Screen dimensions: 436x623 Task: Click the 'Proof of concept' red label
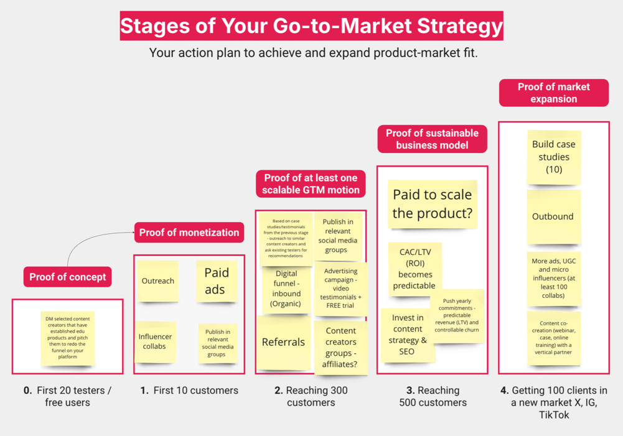tap(68, 277)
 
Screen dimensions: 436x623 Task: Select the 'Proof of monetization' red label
tap(189, 233)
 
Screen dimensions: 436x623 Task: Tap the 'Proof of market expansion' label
tap(553, 93)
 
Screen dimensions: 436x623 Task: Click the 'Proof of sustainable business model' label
tap(432, 139)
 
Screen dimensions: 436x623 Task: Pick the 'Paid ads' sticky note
tap(217, 281)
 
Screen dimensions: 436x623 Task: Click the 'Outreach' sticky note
tap(157, 281)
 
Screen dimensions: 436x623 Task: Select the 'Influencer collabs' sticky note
tap(155, 341)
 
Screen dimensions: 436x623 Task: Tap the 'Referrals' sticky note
tap(283, 342)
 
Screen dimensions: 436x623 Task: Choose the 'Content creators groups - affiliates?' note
tap(340, 347)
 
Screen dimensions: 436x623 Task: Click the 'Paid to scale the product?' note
tap(432, 204)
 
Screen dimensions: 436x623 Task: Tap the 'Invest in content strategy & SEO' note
tap(408, 335)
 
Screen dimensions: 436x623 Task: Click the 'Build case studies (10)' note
tap(553, 157)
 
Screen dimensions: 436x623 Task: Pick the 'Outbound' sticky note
tap(553, 216)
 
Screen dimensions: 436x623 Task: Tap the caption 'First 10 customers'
tap(189, 391)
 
